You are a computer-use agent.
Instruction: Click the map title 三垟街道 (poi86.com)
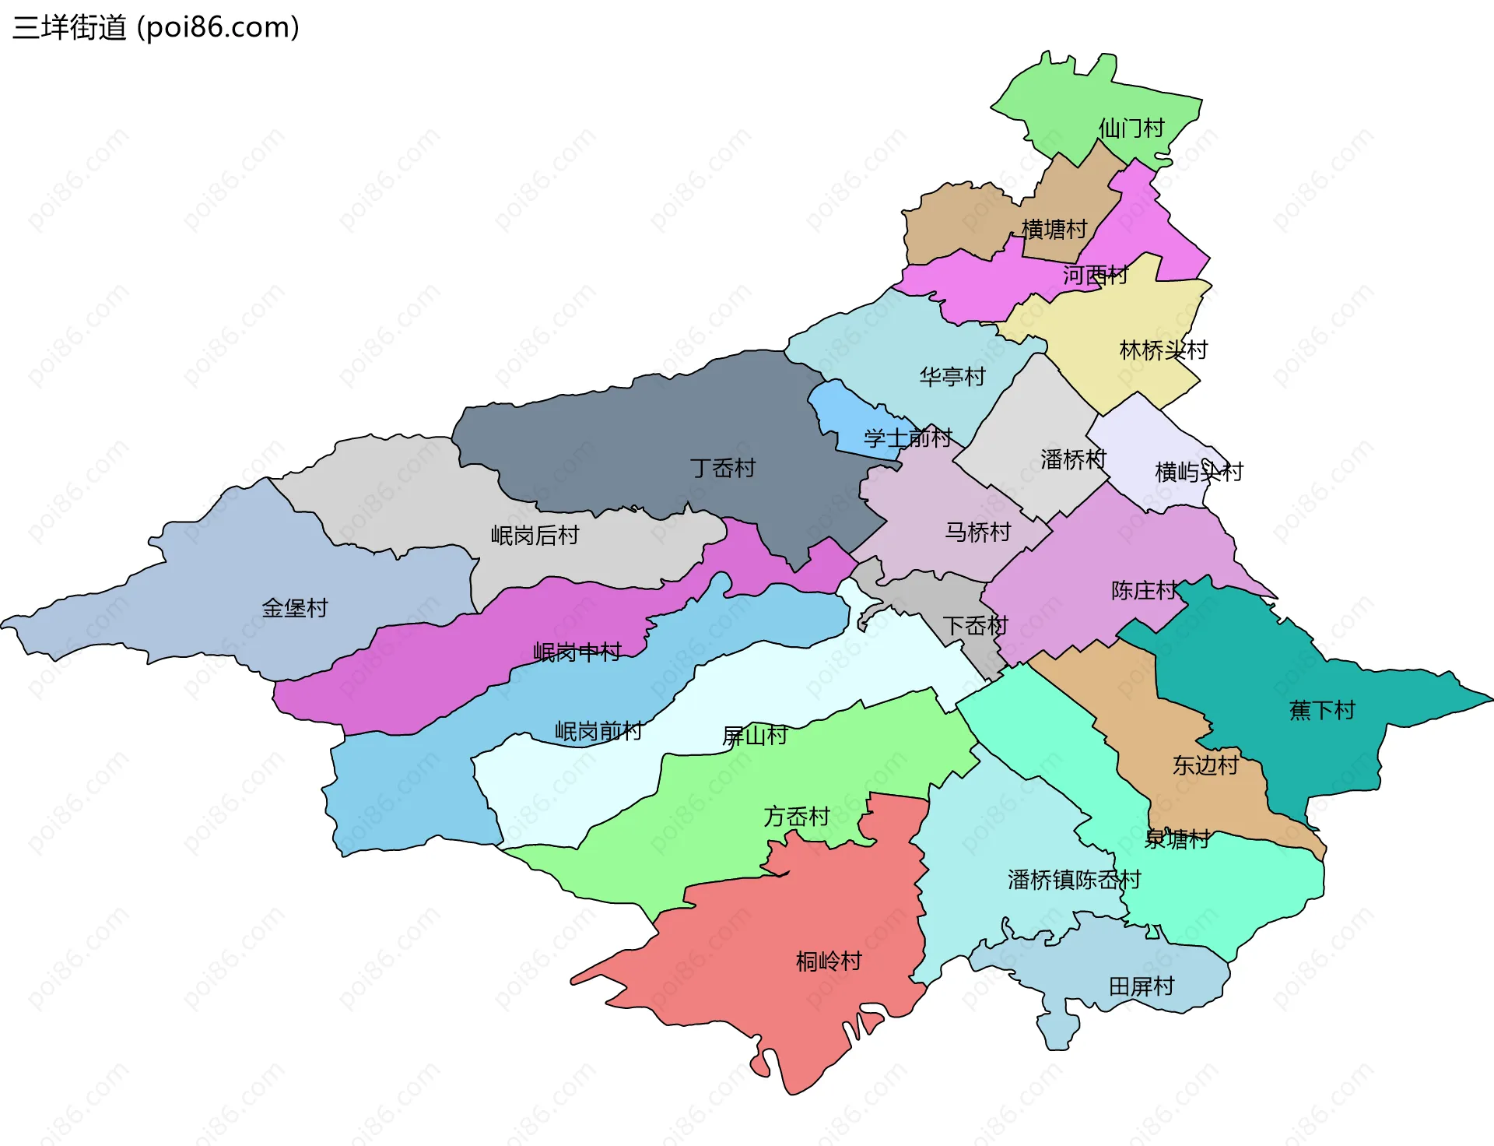pyautogui.click(x=156, y=28)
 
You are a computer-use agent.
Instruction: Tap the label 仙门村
pyautogui.click(x=1131, y=128)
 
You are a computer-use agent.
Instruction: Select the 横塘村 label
pyautogui.click(x=1054, y=229)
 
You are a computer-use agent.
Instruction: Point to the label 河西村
pyautogui.click(x=1095, y=275)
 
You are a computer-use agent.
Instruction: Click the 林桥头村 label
pyautogui.click(x=1163, y=350)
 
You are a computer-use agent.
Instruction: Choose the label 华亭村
pyautogui.click(x=952, y=377)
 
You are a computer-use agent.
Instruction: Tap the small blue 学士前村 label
pyautogui.click(x=907, y=438)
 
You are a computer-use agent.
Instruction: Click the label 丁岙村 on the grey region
pyautogui.click(x=723, y=468)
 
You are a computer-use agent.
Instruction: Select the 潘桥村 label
pyautogui.click(x=1073, y=459)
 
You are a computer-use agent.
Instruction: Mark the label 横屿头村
pyautogui.click(x=1199, y=472)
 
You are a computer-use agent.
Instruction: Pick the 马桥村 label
pyautogui.click(x=978, y=532)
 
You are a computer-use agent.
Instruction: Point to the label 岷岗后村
pyautogui.click(x=535, y=535)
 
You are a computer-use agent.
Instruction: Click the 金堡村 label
pyautogui.click(x=295, y=607)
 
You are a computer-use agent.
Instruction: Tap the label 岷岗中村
pyautogui.click(x=577, y=652)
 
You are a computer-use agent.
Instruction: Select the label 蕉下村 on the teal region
pyautogui.click(x=1322, y=710)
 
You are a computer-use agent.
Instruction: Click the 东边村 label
pyautogui.click(x=1205, y=765)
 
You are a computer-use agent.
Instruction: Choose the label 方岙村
pyautogui.click(x=797, y=817)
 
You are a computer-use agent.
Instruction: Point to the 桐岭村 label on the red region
pyautogui.click(x=829, y=961)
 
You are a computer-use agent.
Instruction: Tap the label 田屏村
pyautogui.click(x=1142, y=986)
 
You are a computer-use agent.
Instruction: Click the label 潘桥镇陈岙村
pyautogui.click(x=1074, y=880)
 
